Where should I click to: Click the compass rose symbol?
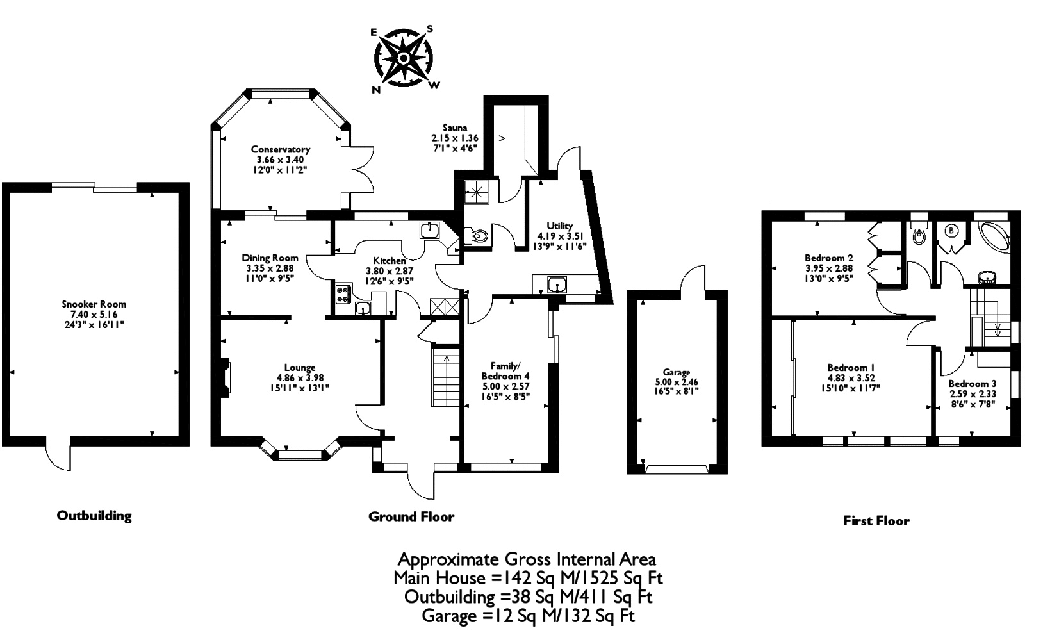coord(404,58)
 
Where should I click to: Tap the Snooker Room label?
coord(94,304)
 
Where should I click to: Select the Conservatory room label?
coord(281,149)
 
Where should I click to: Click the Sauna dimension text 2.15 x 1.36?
coord(454,138)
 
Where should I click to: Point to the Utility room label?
coord(559,226)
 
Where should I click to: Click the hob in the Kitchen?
coord(343,293)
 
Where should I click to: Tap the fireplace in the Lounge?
coord(224,377)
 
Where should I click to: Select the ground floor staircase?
coord(446,375)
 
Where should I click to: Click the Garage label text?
coord(676,372)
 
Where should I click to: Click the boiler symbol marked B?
coord(952,231)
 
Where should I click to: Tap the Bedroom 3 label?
coord(973,384)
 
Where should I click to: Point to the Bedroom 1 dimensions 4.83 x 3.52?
coord(851,378)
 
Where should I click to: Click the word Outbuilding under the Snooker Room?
coord(94,515)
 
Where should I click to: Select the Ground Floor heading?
coord(411,516)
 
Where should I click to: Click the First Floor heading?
coord(876,520)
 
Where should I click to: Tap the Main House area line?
coord(528,578)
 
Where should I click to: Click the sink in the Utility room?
coord(557,284)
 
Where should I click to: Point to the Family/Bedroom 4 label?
coord(505,370)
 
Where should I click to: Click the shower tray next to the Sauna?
coord(477,192)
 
